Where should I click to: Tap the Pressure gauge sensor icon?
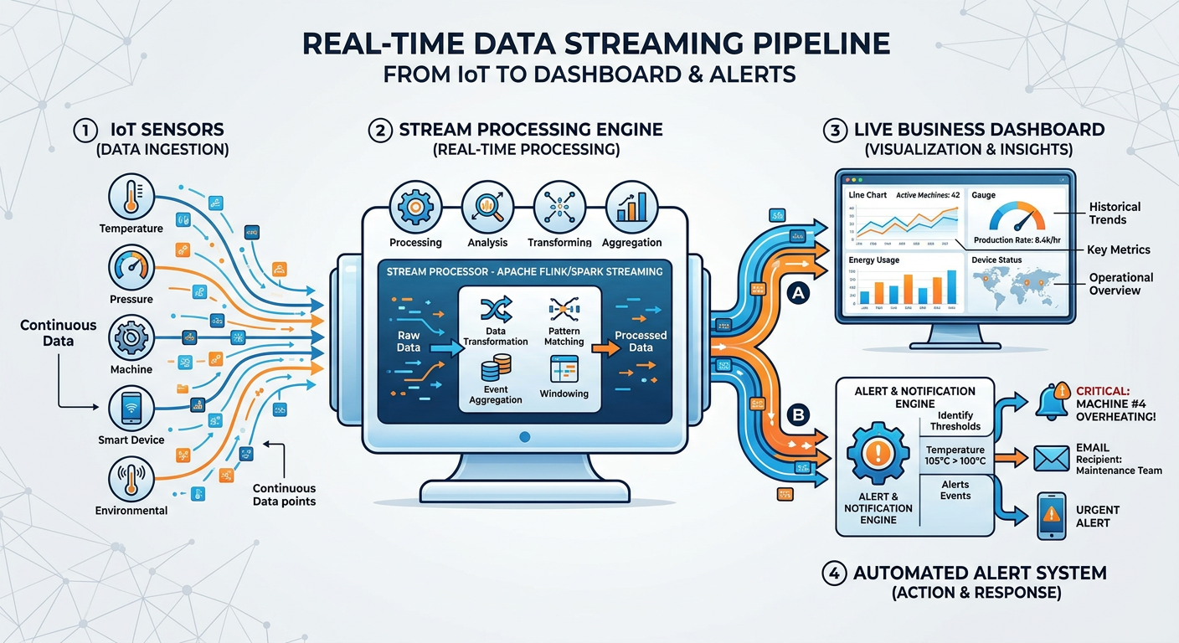pyautogui.click(x=131, y=268)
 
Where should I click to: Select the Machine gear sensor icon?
pyautogui.click(x=131, y=337)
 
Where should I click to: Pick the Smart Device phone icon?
pyautogui.click(x=131, y=409)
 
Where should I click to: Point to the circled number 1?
pyautogui.click(x=85, y=131)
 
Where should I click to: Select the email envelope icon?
pyautogui.click(x=1052, y=457)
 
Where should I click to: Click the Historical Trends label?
pyautogui.click(x=1115, y=213)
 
